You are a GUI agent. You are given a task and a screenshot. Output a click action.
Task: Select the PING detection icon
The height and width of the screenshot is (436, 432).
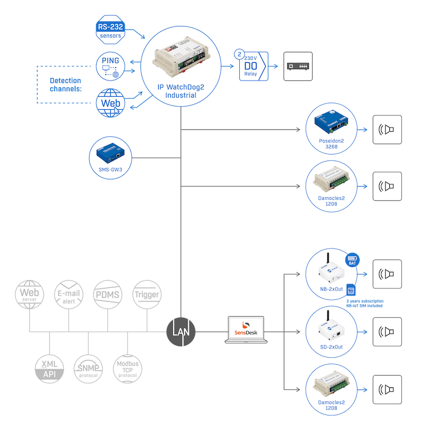[x=111, y=66]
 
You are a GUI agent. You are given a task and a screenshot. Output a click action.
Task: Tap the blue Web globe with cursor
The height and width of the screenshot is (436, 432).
[x=111, y=103]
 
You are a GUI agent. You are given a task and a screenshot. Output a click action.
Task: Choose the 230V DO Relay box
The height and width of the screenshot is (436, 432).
[x=254, y=66]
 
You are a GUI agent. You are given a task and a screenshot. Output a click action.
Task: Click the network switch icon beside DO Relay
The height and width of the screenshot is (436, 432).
[x=298, y=66]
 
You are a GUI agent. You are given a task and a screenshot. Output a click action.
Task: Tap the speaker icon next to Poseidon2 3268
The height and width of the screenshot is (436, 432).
[x=387, y=130]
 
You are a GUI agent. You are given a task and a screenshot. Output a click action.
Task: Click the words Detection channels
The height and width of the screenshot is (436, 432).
[x=66, y=84]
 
